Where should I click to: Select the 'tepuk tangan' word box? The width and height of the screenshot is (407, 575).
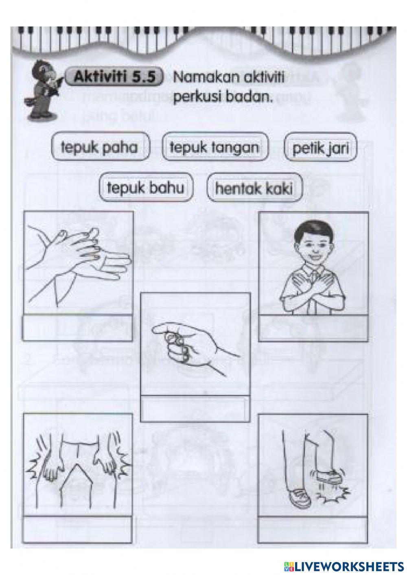(x=214, y=147)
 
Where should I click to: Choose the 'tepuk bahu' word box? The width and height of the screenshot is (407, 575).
(x=146, y=188)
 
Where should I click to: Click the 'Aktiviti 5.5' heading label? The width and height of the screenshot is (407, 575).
(x=115, y=77)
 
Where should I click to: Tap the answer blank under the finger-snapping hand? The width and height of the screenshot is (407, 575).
(x=195, y=408)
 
